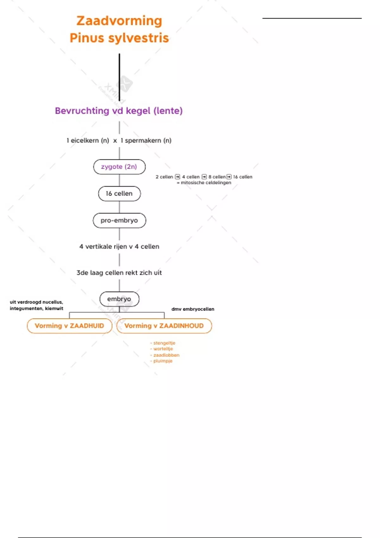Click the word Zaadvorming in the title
click(119, 21)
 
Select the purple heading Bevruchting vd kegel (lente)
click(119, 111)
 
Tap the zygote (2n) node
click(119, 167)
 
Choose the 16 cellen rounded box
click(119, 194)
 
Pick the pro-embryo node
click(119, 221)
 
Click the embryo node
click(119, 299)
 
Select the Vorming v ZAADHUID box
click(69, 326)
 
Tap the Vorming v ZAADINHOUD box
click(164, 326)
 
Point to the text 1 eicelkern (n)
click(88, 141)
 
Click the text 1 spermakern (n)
click(146, 141)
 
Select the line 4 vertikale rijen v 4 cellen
click(119, 247)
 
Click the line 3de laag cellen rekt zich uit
click(119, 273)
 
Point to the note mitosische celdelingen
click(206, 183)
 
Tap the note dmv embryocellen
click(193, 309)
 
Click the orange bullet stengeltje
click(164, 343)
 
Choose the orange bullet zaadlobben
click(166, 355)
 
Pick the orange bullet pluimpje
click(163, 361)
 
